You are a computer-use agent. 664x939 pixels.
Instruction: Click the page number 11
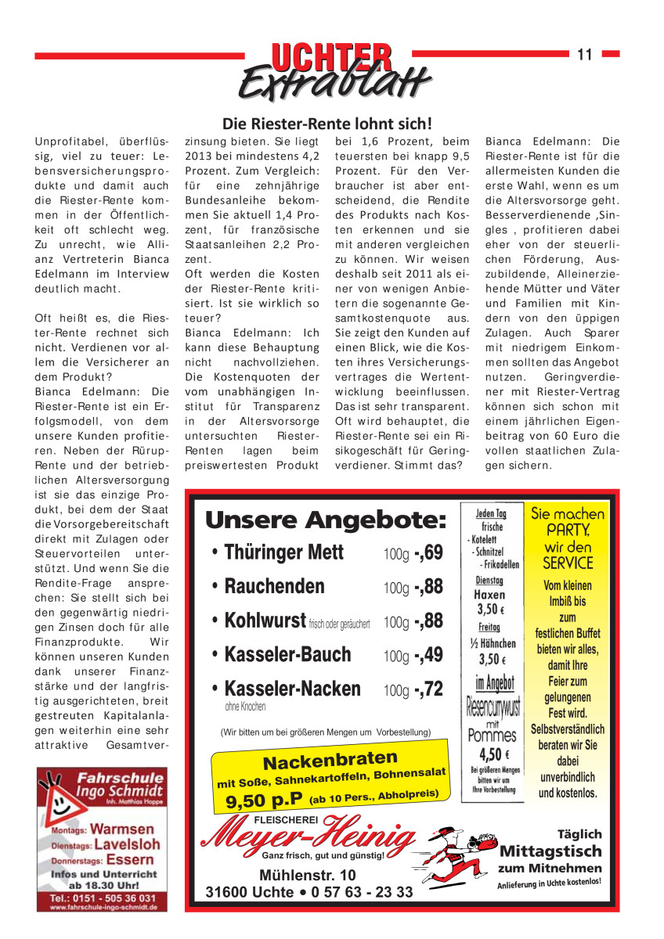pos(584,54)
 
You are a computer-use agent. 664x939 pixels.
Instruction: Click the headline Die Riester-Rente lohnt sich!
pos(327,124)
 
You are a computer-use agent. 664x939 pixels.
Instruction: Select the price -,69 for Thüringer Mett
pos(428,552)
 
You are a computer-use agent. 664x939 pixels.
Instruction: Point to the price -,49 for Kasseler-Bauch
pos(428,655)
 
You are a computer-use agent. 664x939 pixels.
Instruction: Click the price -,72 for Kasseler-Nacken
pos(428,689)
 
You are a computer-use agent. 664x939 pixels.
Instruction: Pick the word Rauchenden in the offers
pos(274,587)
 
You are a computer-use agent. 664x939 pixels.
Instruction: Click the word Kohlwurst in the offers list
pos(265,621)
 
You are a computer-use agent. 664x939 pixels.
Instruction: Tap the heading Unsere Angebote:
pos(324,520)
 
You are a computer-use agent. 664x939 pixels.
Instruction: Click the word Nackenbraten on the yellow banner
pos(330,760)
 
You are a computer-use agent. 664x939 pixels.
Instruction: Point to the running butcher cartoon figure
pos(457,854)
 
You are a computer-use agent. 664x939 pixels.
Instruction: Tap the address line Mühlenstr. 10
pos(307,875)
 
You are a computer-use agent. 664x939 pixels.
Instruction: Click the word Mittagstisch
pos(550,851)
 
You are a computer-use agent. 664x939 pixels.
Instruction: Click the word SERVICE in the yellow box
pos(568,563)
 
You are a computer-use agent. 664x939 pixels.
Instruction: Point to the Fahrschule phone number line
pos(103,898)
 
